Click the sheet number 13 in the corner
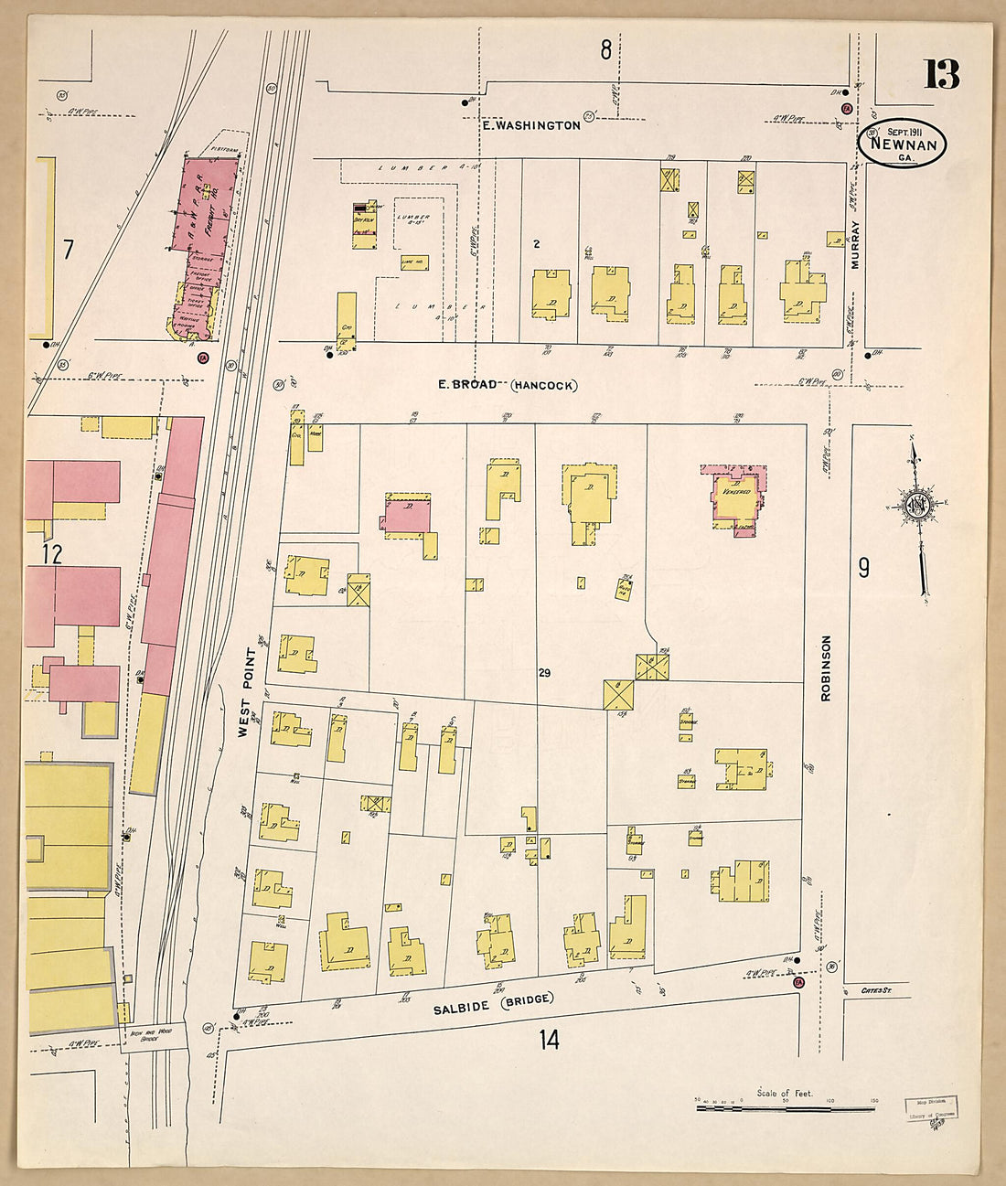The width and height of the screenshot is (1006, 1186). [x=940, y=74]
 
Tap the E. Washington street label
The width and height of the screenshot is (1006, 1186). [x=531, y=125]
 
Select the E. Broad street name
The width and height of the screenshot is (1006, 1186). [x=468, y=385]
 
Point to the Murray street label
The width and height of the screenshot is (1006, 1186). [x=856, y=247]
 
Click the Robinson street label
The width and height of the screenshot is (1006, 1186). [x=826, y=668]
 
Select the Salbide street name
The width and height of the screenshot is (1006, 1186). [x=462, y=1008]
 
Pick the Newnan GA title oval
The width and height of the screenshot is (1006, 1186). [x=903, y=144]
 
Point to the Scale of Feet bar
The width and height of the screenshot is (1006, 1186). [x=787, y=1108]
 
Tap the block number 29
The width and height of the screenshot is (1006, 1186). [x=544, y=673]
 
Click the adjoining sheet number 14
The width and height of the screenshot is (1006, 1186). [x=548, y=1040]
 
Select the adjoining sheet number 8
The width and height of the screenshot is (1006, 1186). [x=605, y=50]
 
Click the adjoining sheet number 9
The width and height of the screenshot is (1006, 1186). [x=862, y=568]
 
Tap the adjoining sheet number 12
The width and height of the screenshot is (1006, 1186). [x=51, y=553]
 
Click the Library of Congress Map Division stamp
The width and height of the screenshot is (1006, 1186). [x=931, y=1107]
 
